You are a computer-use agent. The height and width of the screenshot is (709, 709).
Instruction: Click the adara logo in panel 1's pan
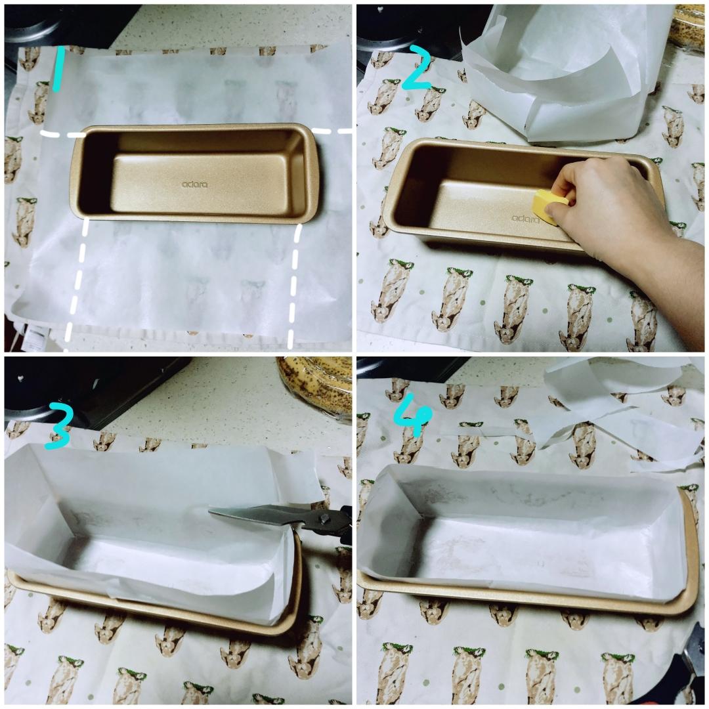(194, 184)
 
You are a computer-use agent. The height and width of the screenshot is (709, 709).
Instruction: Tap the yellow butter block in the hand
(548, 205)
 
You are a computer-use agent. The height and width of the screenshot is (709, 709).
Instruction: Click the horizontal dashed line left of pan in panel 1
(62, 134)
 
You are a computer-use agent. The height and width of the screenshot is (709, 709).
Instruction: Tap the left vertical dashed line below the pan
(77, 282)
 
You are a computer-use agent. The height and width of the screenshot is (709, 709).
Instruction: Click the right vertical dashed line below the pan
(293, 282)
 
